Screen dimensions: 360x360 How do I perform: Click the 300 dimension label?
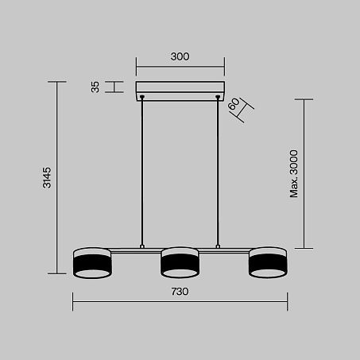tap(180, 56)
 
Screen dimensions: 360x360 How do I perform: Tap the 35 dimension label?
tap(95, 87)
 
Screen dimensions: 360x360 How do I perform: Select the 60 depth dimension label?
tap(234, 104)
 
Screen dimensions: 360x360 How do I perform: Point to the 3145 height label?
tap(47, 177)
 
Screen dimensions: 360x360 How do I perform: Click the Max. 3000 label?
tap(294, 173)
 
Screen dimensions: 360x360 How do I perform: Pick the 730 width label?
tap(180, 292)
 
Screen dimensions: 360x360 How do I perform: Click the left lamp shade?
tap(92, 263)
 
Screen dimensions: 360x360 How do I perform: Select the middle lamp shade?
tap(180, 262)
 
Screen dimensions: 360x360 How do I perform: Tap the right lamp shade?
tap(268, 262)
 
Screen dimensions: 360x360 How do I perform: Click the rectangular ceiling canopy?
tap(180, 91)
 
